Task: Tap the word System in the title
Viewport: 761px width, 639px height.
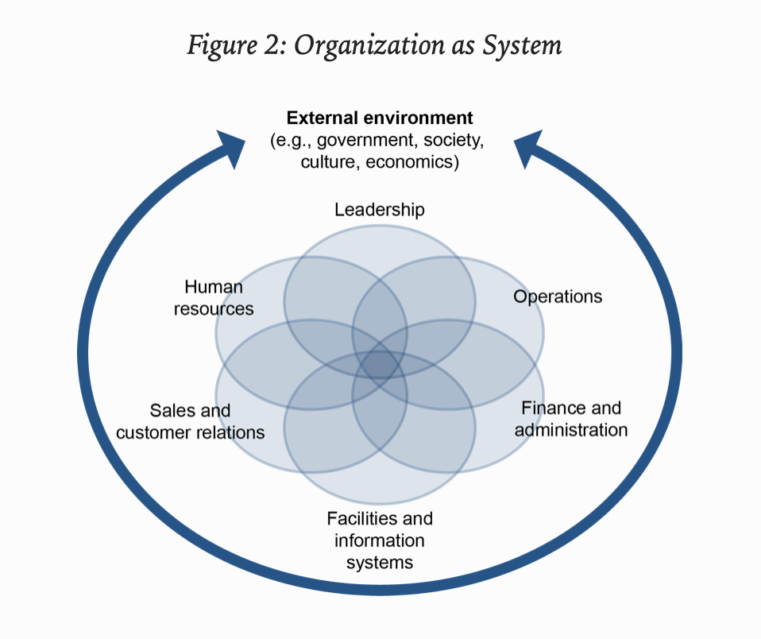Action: tap(524, 45)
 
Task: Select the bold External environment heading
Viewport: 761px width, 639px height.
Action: tap(380, 118)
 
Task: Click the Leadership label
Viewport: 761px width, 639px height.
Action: tap(380, 210)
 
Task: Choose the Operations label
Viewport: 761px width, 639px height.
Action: tap(558, 296)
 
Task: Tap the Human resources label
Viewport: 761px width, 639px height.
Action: tap(214, 297)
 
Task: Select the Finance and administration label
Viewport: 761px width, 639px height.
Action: tap(571, 419)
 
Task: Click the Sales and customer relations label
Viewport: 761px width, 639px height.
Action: tap(190, 421)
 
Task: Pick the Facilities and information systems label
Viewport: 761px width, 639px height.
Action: tap(380, 540)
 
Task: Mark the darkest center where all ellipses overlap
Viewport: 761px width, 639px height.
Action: tap(380, 365)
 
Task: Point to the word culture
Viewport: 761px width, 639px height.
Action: tap(329, 162)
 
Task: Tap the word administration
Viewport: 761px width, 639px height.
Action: tap(571, 430)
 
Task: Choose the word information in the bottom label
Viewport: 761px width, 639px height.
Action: tap(380, 540)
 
